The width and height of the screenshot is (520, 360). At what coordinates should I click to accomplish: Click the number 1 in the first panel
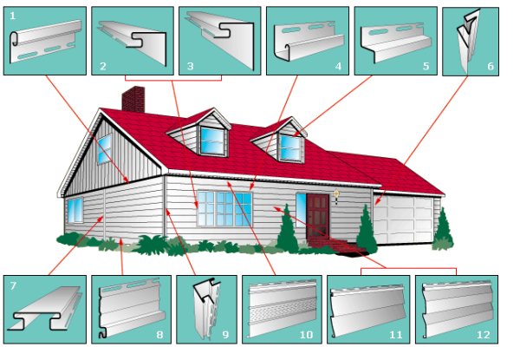pos(13,16)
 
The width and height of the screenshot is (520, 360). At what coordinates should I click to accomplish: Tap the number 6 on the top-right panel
pos(491,66)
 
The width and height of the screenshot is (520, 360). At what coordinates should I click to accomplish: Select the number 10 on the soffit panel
pos(306,335)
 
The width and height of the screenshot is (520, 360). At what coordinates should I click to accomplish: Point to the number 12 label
pos(484,335)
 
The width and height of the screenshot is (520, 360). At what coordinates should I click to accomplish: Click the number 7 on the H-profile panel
pos(13,285)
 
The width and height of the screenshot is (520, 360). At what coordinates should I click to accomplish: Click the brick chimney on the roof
pos(133,99)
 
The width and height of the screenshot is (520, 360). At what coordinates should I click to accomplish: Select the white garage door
pos(403,219)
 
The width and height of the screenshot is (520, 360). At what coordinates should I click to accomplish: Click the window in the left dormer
pos(212,141)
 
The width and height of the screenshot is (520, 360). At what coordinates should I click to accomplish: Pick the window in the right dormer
pos(290,148)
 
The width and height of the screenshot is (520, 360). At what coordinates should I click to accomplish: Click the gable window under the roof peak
pos(105,149)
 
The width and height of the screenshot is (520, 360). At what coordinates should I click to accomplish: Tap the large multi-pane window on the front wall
pos(224,209)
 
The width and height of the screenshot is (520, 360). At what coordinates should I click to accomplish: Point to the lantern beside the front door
pos(336,196)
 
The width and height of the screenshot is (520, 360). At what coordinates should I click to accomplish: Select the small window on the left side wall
pos(75,210)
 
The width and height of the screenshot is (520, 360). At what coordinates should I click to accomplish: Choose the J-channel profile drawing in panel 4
pos(309,42)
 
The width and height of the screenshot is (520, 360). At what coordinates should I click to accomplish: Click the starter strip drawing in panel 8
pos(132,309)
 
